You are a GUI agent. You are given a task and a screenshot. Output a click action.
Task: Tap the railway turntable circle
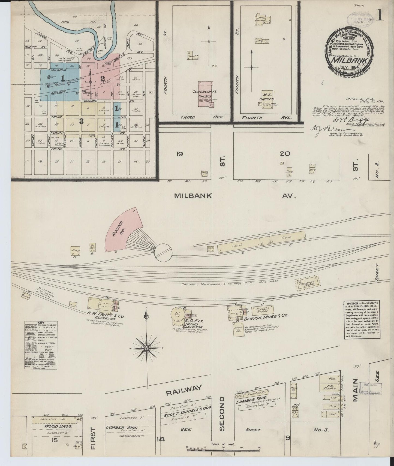[163, 252]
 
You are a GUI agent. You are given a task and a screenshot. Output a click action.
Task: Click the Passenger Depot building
[308, 283]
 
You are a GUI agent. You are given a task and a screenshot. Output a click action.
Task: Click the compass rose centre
[146, 348]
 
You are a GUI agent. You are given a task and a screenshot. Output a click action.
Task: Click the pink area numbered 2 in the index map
[103, 79]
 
